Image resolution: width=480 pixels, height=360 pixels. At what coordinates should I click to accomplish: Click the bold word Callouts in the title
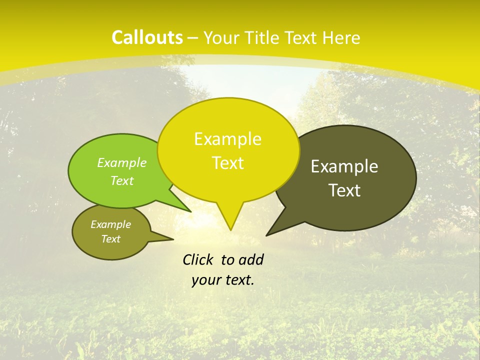(x=147, y=37)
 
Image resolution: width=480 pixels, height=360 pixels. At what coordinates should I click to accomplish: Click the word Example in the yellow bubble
(x=227, y=139)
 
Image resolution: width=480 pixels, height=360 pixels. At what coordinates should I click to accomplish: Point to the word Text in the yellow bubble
(x=227, y=163)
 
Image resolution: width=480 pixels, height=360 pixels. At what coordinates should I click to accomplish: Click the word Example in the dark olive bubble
(x=344, y=166)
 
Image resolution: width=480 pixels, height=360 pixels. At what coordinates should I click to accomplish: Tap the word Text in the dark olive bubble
(x=344, y=190)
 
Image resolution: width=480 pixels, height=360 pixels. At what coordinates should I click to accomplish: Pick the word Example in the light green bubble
(x=122, y=162)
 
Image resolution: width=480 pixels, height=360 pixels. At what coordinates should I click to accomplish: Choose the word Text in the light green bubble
(x=122, y=180)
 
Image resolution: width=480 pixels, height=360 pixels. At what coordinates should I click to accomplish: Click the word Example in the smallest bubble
(x=111, y=224)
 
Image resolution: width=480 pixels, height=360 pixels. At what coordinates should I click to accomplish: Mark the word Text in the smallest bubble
(x=111, y=239)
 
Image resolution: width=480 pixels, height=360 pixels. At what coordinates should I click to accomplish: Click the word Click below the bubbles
(x=199, y=259)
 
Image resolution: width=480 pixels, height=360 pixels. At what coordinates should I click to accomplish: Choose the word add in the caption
(x=250, y=259)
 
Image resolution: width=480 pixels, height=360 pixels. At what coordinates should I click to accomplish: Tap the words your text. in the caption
(x=223, y=280)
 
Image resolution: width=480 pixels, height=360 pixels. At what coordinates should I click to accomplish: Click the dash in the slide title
(x=193, y=37)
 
